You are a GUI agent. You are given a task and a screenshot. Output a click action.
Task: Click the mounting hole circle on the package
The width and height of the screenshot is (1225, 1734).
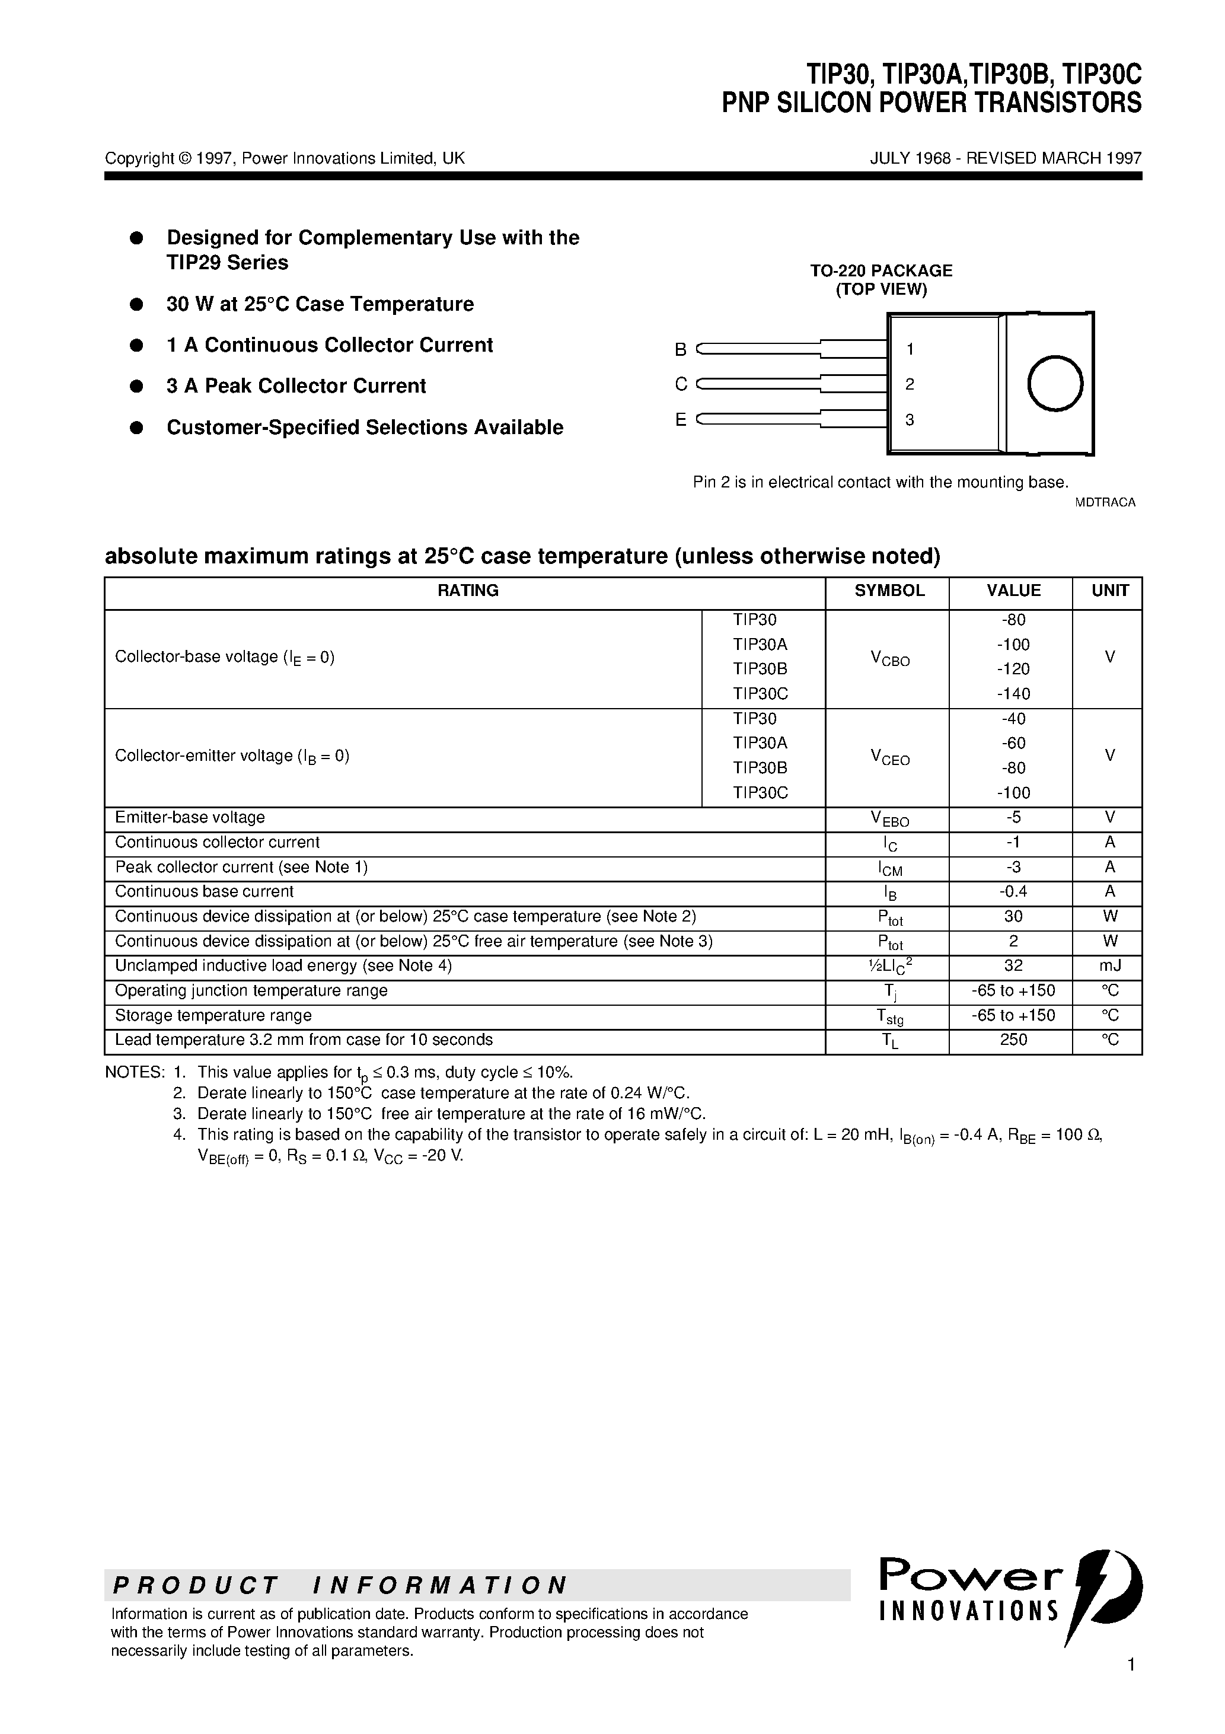click(1055, 384)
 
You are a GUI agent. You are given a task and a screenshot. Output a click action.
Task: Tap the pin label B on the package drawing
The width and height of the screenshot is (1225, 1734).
click(681, 350)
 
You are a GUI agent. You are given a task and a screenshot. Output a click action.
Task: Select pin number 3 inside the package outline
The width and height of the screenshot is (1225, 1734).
click(910, 420)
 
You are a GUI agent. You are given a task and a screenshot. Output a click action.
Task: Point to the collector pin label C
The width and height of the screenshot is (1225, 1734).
click(681, 384)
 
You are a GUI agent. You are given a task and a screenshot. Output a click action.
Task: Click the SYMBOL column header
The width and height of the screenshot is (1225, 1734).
click(889, 591)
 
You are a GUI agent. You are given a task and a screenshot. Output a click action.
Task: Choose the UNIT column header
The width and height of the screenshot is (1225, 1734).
click(1109, 591)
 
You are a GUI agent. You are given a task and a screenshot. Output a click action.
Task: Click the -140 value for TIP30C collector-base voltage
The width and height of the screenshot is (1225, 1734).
click(1013, 693)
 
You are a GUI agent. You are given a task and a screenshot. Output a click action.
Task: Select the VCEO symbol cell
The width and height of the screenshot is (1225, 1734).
click(889, 757)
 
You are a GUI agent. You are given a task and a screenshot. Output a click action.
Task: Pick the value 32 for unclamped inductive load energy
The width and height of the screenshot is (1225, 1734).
click(1013, 965)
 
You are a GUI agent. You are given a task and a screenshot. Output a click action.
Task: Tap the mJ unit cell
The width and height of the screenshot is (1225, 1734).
click(1109, 965)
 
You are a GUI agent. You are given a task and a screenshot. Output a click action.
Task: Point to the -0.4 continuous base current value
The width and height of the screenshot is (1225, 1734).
click(1013, 891)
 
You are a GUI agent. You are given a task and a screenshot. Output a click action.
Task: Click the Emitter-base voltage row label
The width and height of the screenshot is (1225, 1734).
click(190, 817)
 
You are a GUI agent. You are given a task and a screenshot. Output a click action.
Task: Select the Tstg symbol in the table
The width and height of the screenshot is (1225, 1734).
click(889, 1016)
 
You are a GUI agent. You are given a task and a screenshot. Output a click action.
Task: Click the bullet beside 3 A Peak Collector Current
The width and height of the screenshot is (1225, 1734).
click(137, 386)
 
